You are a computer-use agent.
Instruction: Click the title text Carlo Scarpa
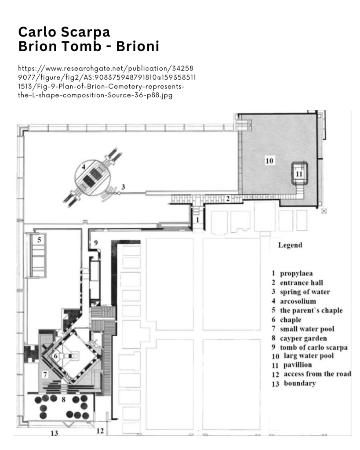(64, 32)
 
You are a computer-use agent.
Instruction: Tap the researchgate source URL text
(107, 82)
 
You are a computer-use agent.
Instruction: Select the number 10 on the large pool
(269, 161)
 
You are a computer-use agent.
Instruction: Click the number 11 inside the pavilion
(299, 174)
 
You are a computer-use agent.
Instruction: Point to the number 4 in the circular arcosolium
(84, 167)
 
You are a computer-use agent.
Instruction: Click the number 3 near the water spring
(123, 187)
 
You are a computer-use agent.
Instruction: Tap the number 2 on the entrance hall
(228, 198)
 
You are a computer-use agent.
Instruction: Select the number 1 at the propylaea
(197, 220)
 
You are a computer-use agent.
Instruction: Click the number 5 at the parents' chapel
(40, 240)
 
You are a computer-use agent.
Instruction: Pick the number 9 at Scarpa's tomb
(96, 243)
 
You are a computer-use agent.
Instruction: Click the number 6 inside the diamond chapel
(56, 356)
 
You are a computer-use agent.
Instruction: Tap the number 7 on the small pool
(45, 374)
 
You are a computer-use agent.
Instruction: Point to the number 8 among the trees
(64, 399)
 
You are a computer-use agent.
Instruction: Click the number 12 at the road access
(100, 431)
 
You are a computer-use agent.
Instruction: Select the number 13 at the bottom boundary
(55, 433)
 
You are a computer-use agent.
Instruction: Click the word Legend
(290, 245)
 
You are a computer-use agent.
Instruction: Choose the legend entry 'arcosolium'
(298, 301)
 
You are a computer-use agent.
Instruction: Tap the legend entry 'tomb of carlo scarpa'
(314, 348)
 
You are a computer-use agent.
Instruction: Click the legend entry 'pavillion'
(298, 365)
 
